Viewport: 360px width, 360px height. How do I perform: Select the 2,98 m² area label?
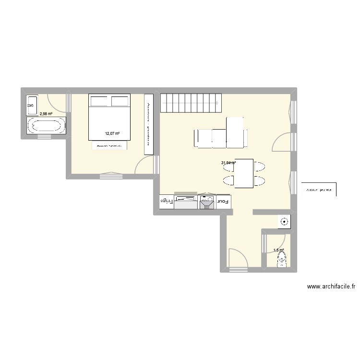click(x=46, y=114)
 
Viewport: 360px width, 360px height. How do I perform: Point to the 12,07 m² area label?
click(x=112, y=134)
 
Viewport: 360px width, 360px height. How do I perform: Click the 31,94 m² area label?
click(x=228, y=163)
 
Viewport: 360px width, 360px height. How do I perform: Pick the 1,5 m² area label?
click(x=278, y=250)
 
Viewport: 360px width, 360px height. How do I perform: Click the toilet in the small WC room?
click(x=282, y=260)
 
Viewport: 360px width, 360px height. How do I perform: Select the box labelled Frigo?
click(x=166, y=202)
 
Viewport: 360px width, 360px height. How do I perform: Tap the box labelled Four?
click(x=224, y=202)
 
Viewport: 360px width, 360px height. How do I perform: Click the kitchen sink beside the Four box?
click(x=207, y=202)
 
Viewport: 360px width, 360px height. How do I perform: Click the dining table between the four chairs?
click(x=244, y=174)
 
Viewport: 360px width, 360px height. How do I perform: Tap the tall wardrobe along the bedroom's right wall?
click(x=148, y=124)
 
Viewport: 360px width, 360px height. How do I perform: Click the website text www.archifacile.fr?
click(x=331, y=287)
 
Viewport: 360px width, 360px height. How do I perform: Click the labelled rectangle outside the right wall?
click(x=319, y=190)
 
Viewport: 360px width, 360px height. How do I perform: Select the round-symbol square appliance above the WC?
click(x=285, y=222)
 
